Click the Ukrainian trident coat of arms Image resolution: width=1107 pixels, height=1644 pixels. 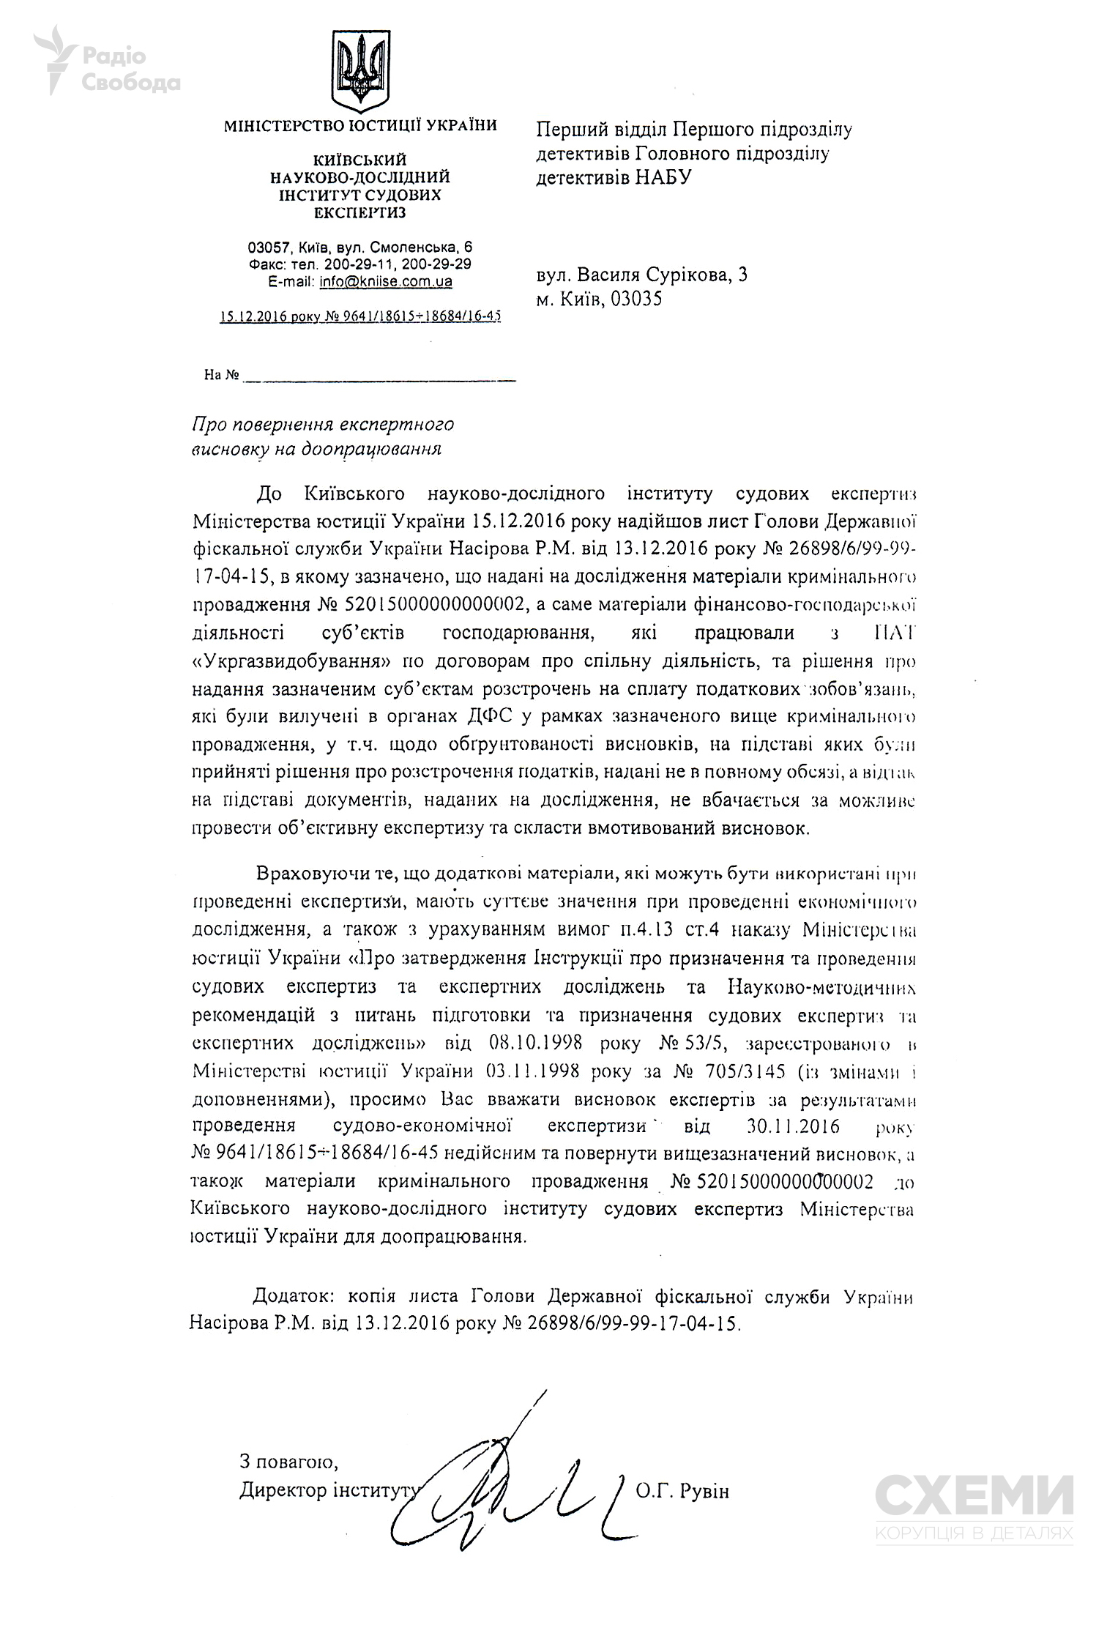pyautogui.click(x=360, y=71)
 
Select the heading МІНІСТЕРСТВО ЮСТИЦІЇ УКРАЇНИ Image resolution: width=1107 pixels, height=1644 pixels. pyautogui.click(x=360, y=125)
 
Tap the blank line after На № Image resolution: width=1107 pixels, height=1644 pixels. pyautogui.click(x=379, y=378)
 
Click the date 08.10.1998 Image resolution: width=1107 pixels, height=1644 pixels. pyautogui.click(x=531, y=1042)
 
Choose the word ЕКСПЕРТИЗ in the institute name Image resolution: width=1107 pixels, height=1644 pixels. pyautogui.click(x=359, y=213)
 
